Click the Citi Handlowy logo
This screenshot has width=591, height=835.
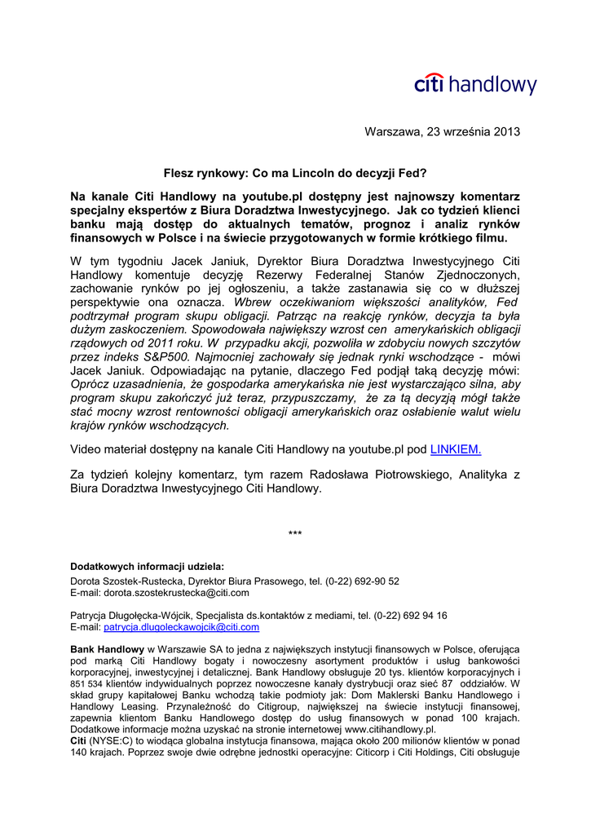pyautogui.click(x=475, y=85)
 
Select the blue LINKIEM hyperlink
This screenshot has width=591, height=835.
pyautogui.click(x=455, y=448)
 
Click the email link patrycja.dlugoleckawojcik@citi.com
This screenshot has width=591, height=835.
pyautogui.click(x=182, y=627)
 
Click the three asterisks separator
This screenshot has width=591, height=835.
pyautogui.click(x=295, y=534)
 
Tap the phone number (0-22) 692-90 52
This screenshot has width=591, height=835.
pyautogui.click(x=362, y=581)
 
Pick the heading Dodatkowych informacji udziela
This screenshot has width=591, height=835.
pyautogui.click(x=147, y=566)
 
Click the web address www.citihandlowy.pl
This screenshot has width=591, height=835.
pyautogui.click(x=390, y=729)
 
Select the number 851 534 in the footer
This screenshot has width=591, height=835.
pyautogui.click(x=86, y=683)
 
